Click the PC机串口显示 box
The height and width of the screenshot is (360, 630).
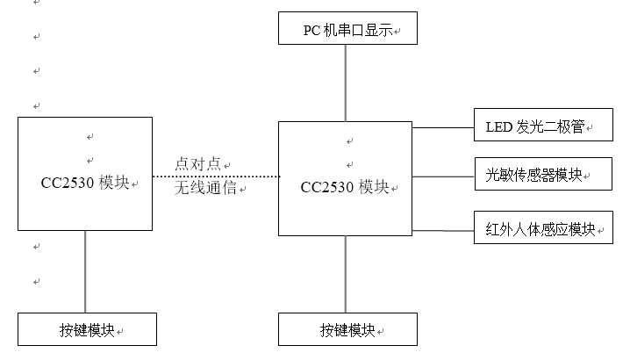pyautogui.click(x=347, y=29)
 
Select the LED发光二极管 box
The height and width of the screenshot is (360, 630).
pyautogui.click(x=542, y=126)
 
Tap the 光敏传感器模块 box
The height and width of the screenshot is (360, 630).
pyautogui.click(x=542, y=175)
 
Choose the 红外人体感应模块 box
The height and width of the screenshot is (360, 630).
pyautogui.click(x=542, y=229)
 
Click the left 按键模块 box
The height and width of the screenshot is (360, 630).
pyautogui.click(x=87, y=329)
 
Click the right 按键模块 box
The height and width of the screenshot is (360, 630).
pyautogui.click(x=347, y=329)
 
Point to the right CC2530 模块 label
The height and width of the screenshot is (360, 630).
pyautogui.click(x=345, y=186)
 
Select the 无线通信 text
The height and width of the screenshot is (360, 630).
pyautogui.click(x=205, y=186)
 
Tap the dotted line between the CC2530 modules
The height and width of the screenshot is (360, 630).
pyautogui.click(x=215, y=176)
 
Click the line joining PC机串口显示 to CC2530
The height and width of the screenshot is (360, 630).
pyautogui.click(x=346, y=83)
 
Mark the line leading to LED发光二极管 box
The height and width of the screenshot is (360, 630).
pyautogui.click(x=442, y=126)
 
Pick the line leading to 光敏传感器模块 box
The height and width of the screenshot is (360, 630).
pyautogui.click(x=442, y=176)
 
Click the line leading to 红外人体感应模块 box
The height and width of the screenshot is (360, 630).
pyautogui.click(x=442, y=230)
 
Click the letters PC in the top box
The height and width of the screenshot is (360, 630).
pyautogui.click(x=312, y=31)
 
